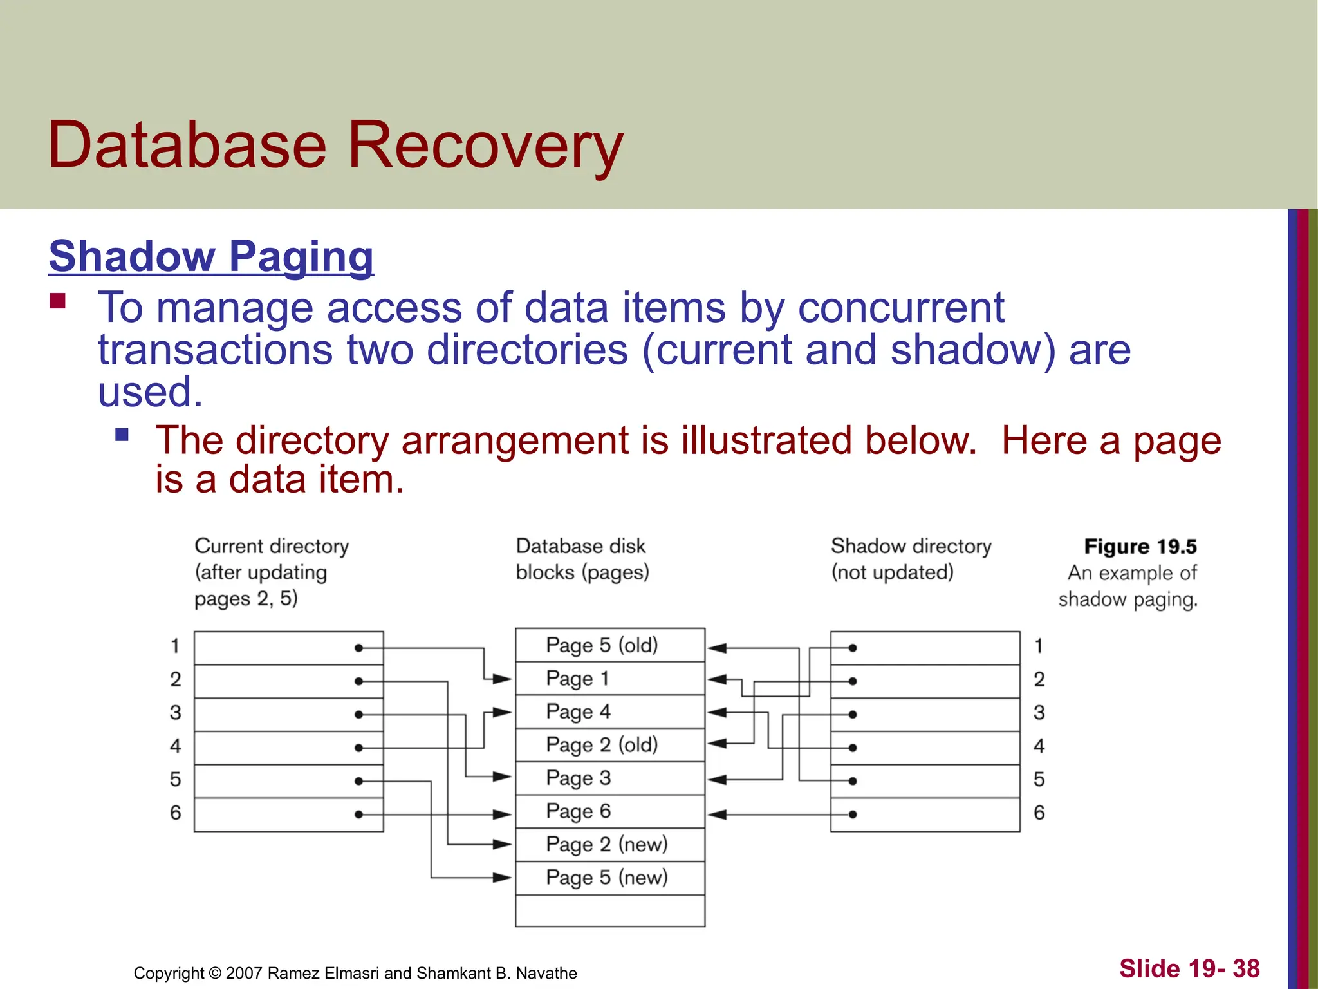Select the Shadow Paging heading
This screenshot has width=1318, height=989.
tap(211, 256)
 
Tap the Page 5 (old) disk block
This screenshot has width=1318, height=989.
tap(609, 645)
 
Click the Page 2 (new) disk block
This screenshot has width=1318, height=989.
tap(609, 844)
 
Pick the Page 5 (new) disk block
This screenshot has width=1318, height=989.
tap(609, 878)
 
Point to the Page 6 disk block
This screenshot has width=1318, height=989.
tap(609, 811)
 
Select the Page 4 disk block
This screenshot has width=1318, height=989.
tap(609, 711)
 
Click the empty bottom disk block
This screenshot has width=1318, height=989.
tap(609, 910)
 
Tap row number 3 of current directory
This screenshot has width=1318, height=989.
tap(175, 713)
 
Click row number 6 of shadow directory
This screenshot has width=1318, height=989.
tap(1039, 813)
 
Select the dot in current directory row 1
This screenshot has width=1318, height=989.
tap(358, 648)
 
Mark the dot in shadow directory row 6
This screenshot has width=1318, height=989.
tap(852, 815)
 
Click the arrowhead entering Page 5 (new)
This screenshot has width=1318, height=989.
tap(503, 878)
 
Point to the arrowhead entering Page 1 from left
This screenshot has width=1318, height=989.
tap(503, 679)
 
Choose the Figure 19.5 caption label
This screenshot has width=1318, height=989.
tap(1140, 547)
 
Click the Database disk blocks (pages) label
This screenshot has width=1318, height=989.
tap(582, 559)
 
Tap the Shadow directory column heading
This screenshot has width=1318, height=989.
tap(911, 547)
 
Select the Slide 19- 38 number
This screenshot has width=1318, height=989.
tap(1189, 968)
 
